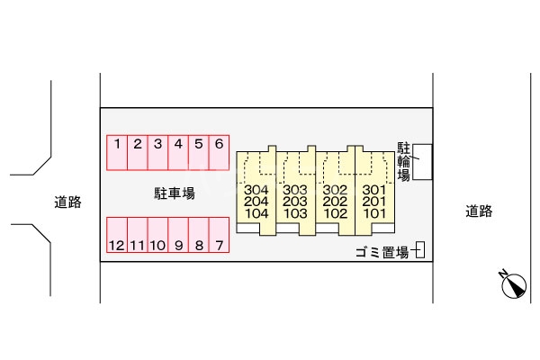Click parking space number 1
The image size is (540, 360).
pos(116,152)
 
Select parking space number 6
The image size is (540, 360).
pos(219,152)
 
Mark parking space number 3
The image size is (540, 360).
pos(157,152)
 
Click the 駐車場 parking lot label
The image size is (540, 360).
pos(174,193)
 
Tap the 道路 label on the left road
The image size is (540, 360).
pos(67,202)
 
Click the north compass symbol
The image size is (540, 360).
pos(513,285)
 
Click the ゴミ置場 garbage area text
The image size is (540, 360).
pos(382,253)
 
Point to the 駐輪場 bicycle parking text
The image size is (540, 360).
pos(404,161)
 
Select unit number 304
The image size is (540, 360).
pos(256,190)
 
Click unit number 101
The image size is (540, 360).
pos(373,214)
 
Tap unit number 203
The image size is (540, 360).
pos(295,202)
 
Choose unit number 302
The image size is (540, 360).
pos(335,190)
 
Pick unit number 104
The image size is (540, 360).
pos(256,214)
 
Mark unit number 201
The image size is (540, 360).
pos(373,202)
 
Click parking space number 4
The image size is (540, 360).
pos(178,152)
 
